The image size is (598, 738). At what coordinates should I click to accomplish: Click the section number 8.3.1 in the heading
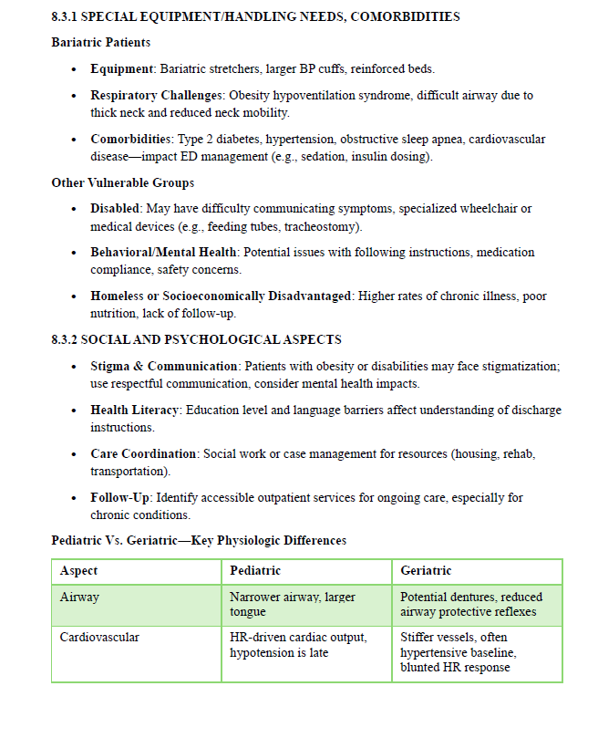(x=65, y=16)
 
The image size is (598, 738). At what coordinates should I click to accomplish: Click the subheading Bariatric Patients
(x=101, y=43)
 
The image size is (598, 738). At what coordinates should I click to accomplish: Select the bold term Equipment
(x=122, y=69)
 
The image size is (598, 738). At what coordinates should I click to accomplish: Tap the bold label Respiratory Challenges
(x=156, y=95)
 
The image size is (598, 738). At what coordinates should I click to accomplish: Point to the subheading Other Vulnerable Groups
(x=123, y=182)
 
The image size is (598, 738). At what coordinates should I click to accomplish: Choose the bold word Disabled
(x=115, y=209)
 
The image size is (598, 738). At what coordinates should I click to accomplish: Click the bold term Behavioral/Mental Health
(x=163, y=252)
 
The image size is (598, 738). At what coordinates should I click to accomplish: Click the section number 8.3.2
(x=65, y=339)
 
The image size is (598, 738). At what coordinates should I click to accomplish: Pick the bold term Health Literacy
(x=136, y=410)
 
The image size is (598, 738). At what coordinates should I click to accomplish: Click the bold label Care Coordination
(x=143, y=453)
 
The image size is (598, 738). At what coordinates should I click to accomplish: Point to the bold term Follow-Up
(x=119, y=497)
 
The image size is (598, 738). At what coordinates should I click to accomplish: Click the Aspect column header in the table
(x=79, y=571)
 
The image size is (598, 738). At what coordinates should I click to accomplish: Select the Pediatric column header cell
(x=255, y=571)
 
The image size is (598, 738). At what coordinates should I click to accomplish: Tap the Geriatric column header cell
(x=427, y=571)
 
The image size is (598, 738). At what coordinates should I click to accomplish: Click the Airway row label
(x=79, y=597)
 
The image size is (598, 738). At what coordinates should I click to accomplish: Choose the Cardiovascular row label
(x=99, y=637)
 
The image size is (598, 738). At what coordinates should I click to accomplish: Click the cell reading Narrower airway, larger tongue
(x=292, y=604)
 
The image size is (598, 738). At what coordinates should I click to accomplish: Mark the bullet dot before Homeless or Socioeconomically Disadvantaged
(x=74, y=296)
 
